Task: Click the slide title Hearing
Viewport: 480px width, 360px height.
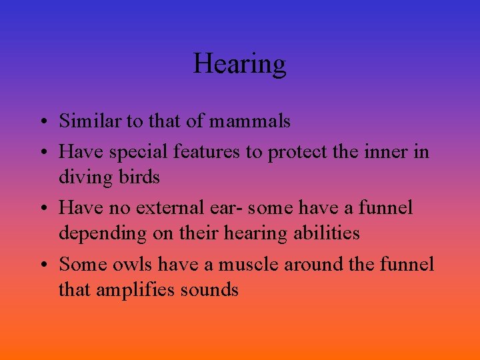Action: [x=240, y=64]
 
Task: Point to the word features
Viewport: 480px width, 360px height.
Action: [x=207, y=151]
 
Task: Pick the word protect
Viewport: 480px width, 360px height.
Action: [x=298, y=153]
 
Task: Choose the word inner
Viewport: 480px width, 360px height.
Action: [x=388, y=151]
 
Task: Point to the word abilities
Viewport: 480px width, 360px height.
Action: [x=324, y=233]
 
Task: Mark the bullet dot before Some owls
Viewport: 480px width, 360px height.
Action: [x=42, y=265]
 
